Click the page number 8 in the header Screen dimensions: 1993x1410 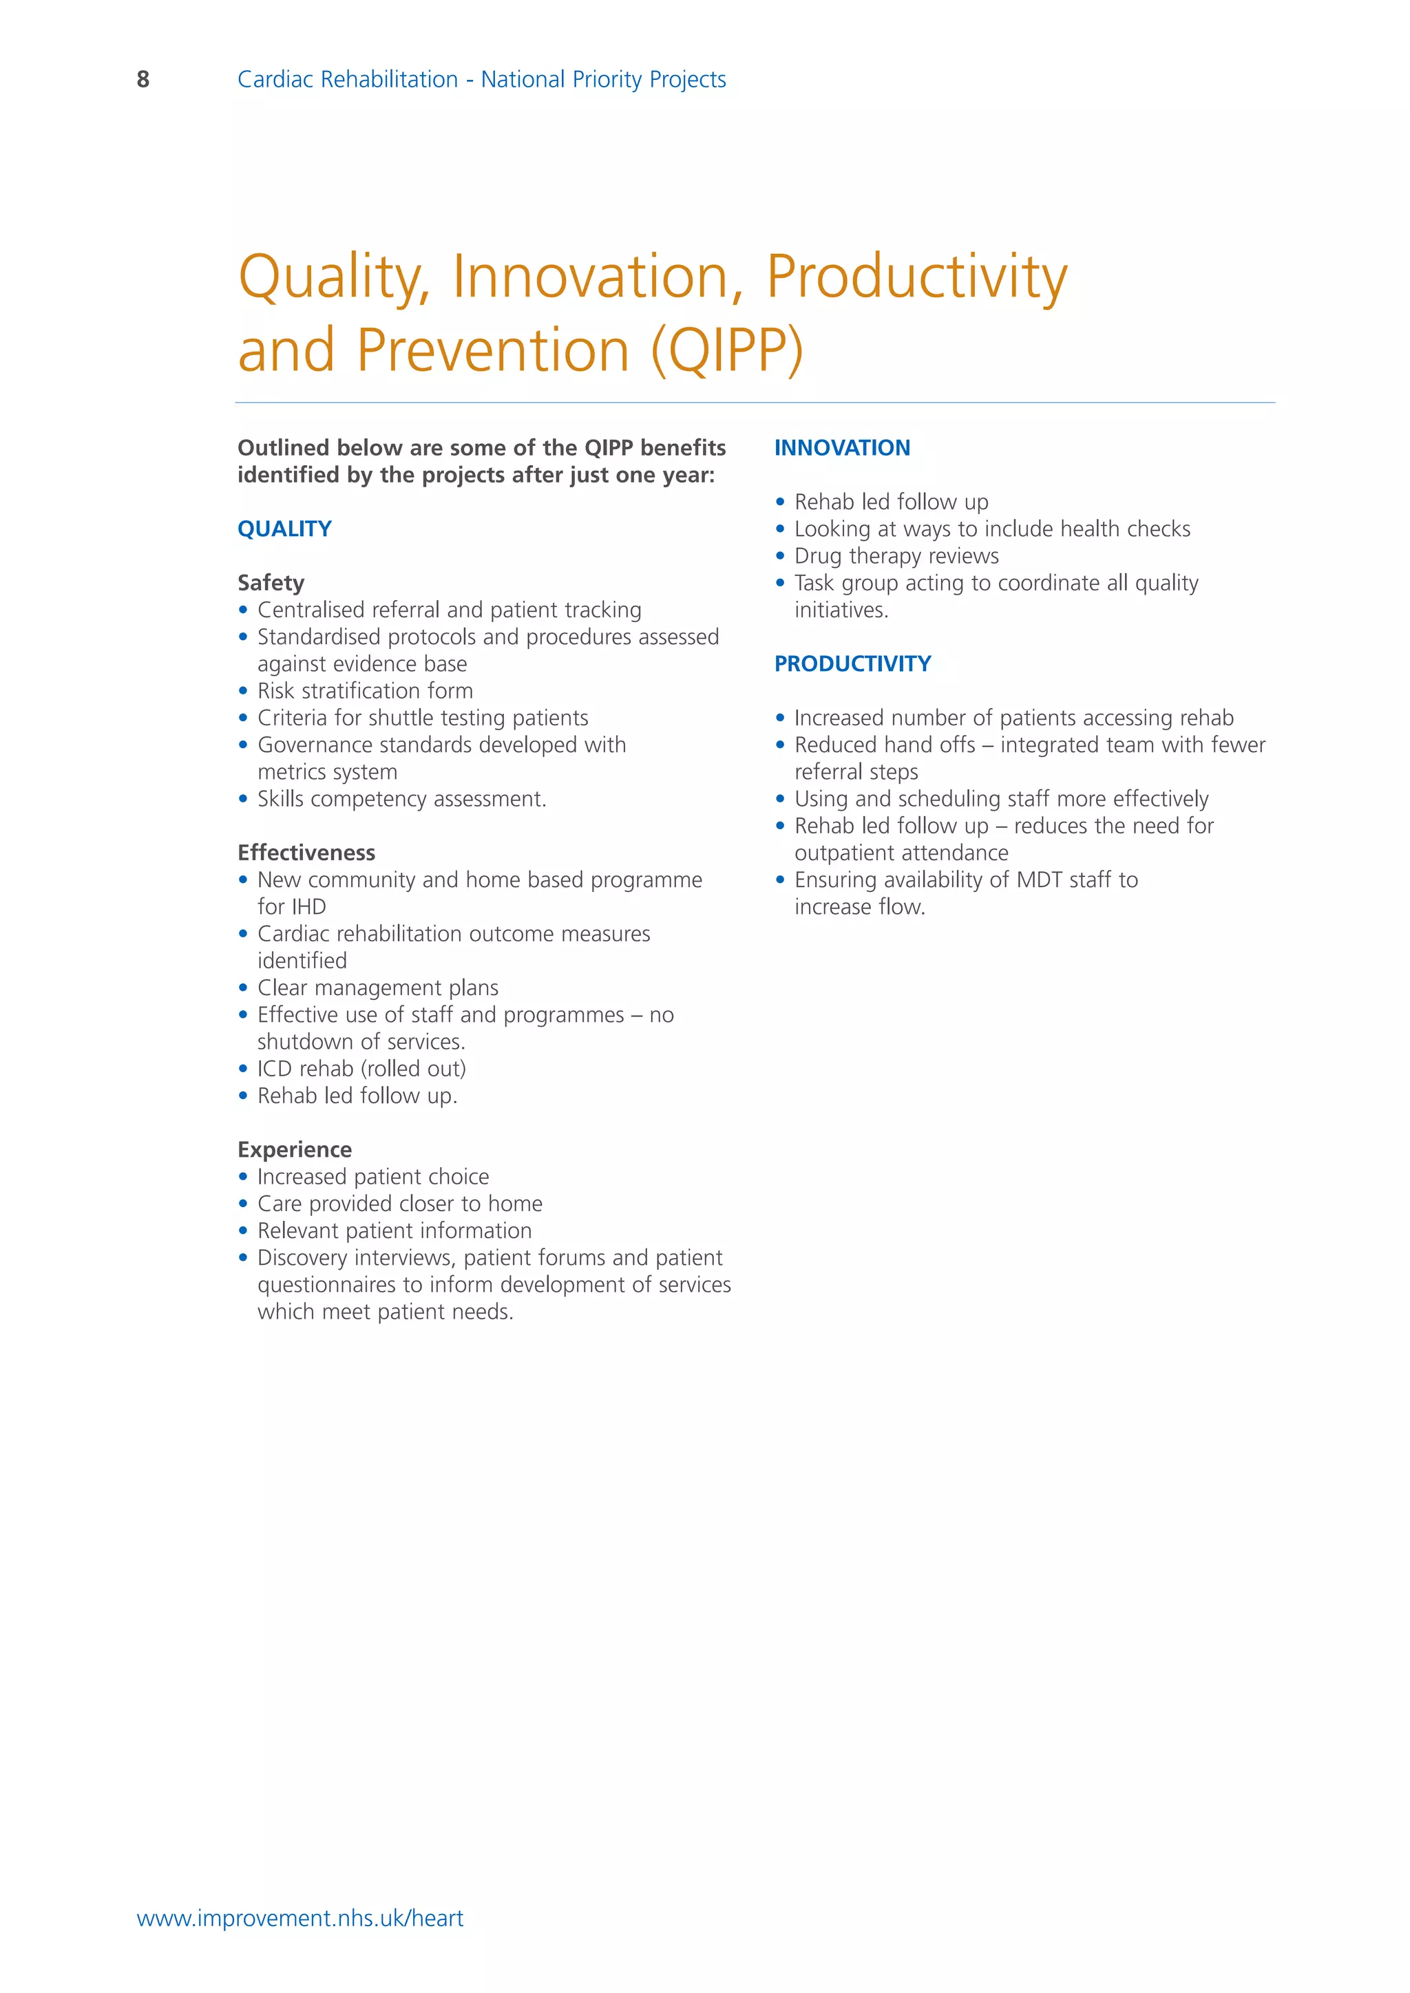pyautogui.click(x=143, y=80)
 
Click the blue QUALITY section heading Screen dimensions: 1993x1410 pyautogui.click(x=285, y=529)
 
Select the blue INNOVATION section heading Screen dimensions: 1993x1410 pyautogui.click(x=842, y=448)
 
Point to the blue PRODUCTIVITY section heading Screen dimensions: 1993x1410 pyautogui.click(x=852, y=664)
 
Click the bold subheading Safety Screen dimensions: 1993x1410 pyautogui.click(x=271, y=582)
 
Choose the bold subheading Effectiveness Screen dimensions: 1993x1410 pyautogui.click(x=306, y=853)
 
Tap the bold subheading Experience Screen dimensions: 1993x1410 pyautogui.click(x=295, y=1149)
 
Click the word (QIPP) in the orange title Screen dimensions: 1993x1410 pyautogui.click(x=728, y=351)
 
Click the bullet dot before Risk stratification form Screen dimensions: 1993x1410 pyautogui.click(x=243, y=692)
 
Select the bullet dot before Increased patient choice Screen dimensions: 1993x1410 pyautogui.click(x=243, y=1177)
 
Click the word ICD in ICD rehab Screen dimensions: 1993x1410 pyautogui.click(x=275, y=1069)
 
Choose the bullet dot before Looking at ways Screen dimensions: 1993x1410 pyautogui.click(x=779, y=529)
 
